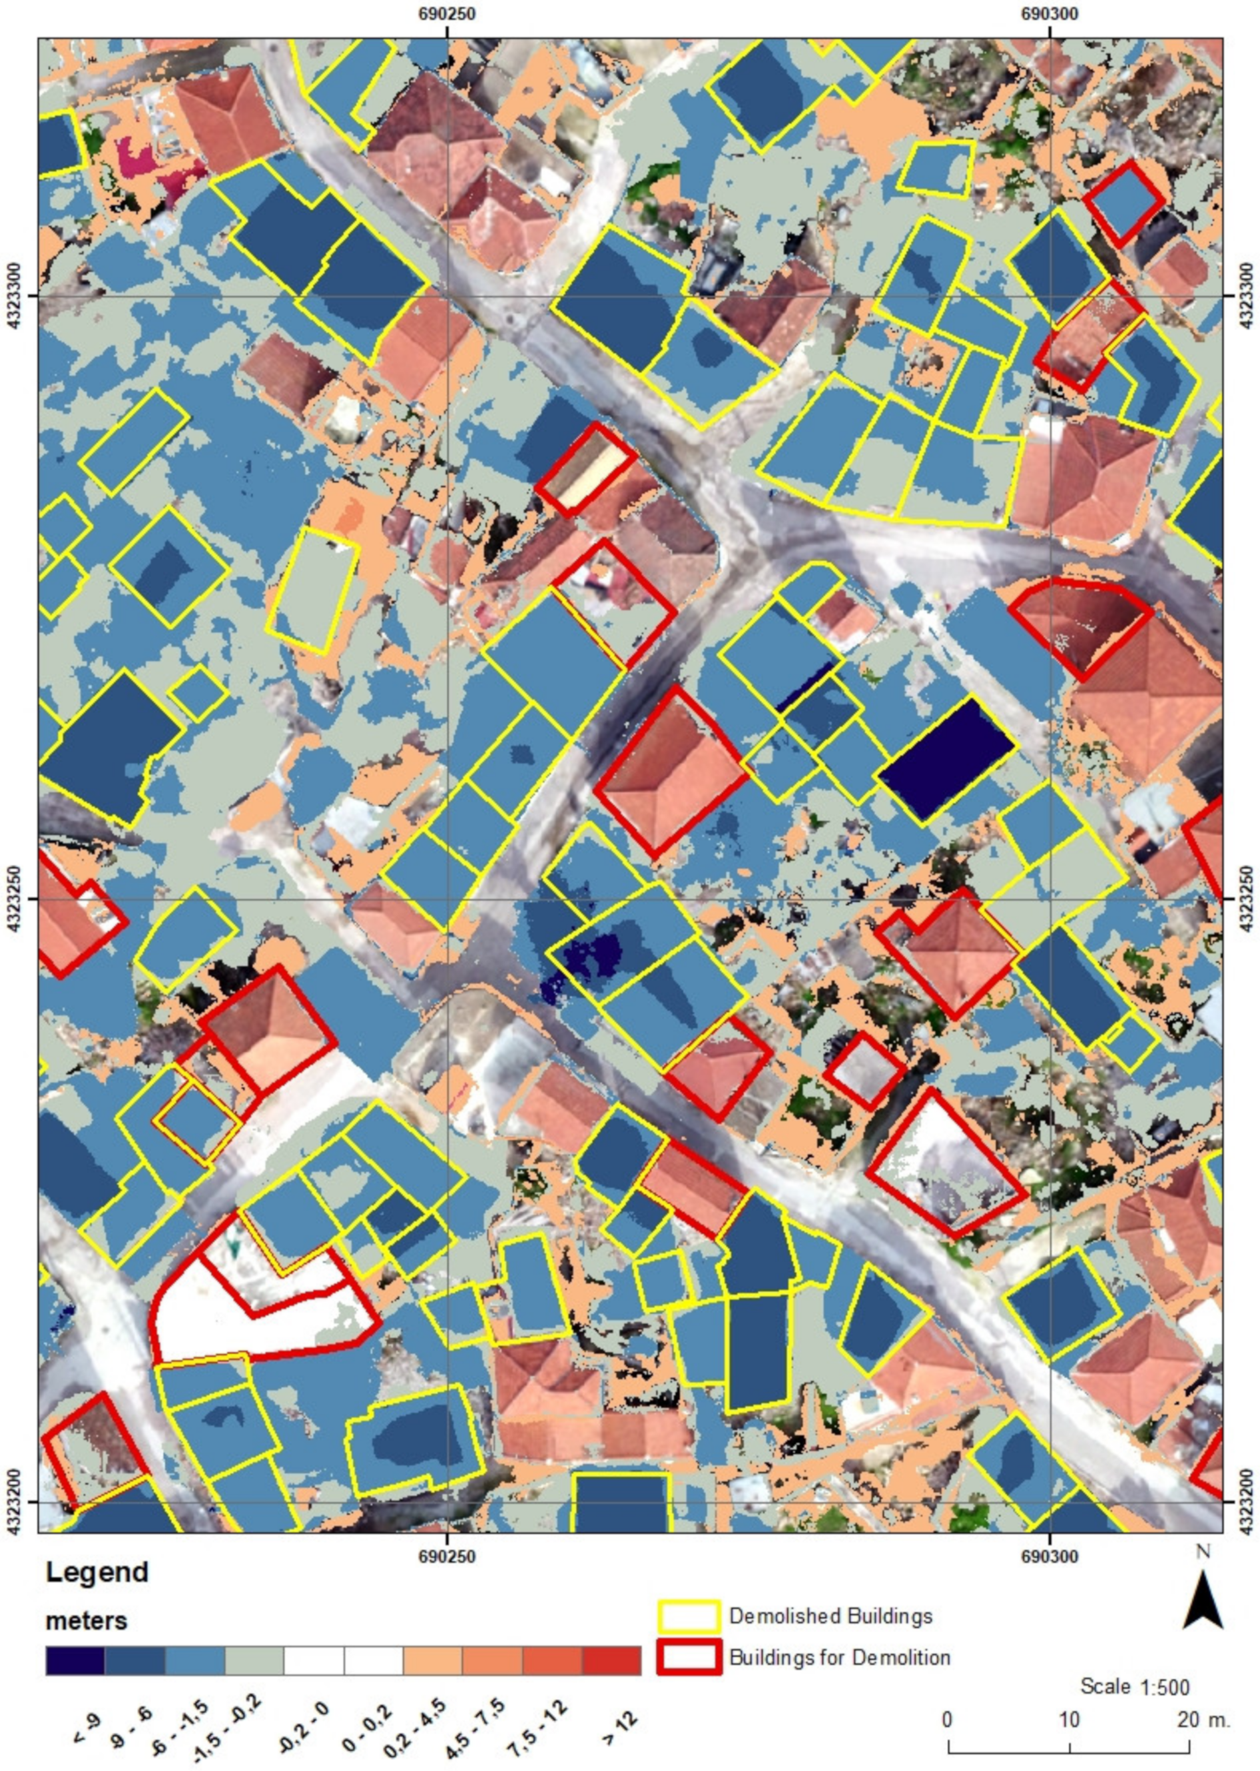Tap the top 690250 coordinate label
point(447,13)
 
